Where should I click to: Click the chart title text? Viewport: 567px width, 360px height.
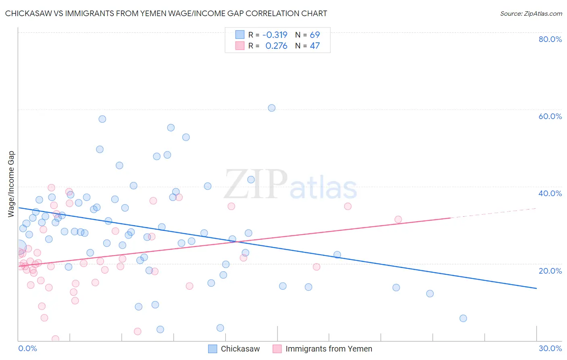click(x=166, y=13)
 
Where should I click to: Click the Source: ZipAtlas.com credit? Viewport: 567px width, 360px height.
click(x=531, y=13)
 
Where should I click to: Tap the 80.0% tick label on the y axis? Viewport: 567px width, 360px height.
click(x=550, y=39)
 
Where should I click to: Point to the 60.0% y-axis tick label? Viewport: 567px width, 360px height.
click(x=550, y=116)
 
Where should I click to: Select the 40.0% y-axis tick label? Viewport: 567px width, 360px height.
click(x=550, y=193)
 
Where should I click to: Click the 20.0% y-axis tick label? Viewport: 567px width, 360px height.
click(x=550, y=271)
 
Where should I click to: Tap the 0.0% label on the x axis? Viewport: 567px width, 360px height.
click(x=27, y=348)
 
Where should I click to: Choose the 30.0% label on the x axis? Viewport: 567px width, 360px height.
click(x=550, y=348)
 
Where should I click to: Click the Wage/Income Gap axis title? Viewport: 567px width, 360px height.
click(x=11, y=184)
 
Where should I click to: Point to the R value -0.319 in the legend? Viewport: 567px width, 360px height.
click(x=275, y=35)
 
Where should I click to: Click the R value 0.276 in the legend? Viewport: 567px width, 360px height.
click(x=276, y=46)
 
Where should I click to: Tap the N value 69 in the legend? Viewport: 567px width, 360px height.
click(x=315, y=35)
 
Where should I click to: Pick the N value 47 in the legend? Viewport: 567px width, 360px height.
click(x=315, y=46)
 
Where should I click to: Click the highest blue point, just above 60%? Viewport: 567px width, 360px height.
click(x=272, y=108)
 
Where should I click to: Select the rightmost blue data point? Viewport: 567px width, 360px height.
click(x=463, y=318)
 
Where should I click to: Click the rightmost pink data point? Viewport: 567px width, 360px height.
click(x=398, y=220)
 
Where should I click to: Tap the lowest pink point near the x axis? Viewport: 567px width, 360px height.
click(x=55, y=339)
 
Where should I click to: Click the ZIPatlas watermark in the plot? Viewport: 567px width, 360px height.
click(x=290, y=184)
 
